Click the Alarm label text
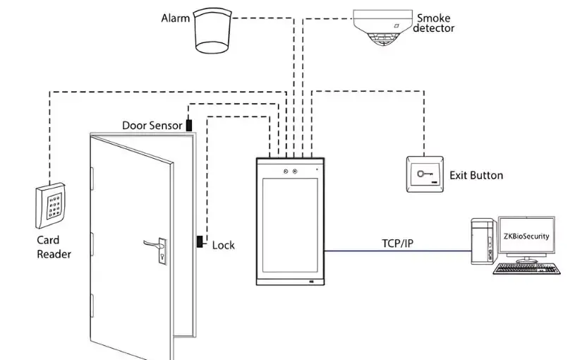coord(176,18)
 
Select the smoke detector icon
coord(385,28)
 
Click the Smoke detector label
coord(434,23)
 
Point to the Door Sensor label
coord(152,126)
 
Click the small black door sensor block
coord(189,126)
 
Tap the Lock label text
coord(224,245)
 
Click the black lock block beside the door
coord(200,243)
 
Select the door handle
coord(155,244)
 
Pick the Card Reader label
coord(54,247)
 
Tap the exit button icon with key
coord(423,172)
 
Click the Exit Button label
coord(476,175)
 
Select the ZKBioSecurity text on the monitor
coord(526,237)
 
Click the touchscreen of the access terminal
coord(290,226)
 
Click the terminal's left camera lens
coord(284,171)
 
